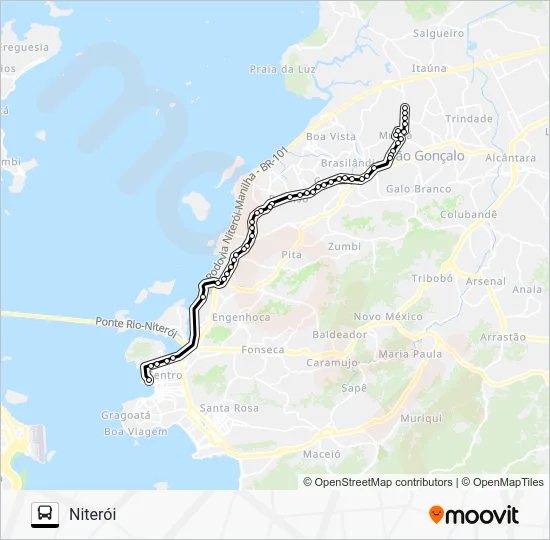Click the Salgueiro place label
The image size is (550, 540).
pos(437,33)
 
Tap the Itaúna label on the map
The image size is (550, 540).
pos(429,68)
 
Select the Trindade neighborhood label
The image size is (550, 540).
pos(468,118)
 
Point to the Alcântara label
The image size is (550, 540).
pos(510,158)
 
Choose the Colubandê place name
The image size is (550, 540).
pos(467,214)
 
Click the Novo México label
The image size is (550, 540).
pos(389,316)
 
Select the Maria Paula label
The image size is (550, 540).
pos(411,354)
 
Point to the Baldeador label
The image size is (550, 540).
pos(337,334)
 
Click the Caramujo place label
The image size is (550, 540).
pos(332,363)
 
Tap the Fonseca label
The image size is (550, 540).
pos(263,350)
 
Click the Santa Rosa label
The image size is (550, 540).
pos(229,408)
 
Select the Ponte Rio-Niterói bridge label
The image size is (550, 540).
pos(137,325)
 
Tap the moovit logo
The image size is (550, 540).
pos(474,515)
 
